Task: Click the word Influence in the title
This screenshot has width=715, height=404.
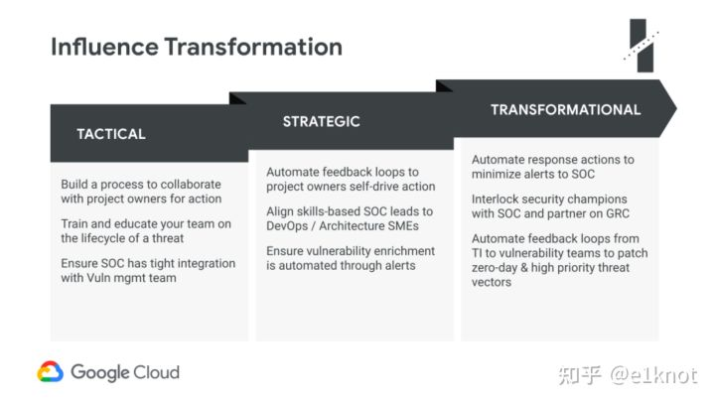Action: pos(104,47)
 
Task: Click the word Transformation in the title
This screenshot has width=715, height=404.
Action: pos(253,47)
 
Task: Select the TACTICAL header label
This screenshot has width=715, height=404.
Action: pos(111,134)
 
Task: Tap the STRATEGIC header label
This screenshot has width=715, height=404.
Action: pos(321,121)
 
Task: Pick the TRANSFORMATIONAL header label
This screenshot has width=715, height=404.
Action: pos(565,110)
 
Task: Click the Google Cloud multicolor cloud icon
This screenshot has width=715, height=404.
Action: pos(51,371)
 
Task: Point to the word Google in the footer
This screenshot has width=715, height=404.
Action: pos(100,373)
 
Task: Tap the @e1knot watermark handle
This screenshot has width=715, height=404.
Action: pos(653,375)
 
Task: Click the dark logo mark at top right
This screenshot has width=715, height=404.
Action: pos(642,46)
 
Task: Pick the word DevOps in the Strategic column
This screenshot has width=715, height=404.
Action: pos(287,226)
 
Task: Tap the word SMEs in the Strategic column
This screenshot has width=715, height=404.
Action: pos(403,225)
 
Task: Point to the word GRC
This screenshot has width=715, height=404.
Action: pos(618,213)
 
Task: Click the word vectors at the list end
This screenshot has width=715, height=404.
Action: pos(492,282)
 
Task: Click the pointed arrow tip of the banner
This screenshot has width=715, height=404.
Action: pos(676,108)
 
